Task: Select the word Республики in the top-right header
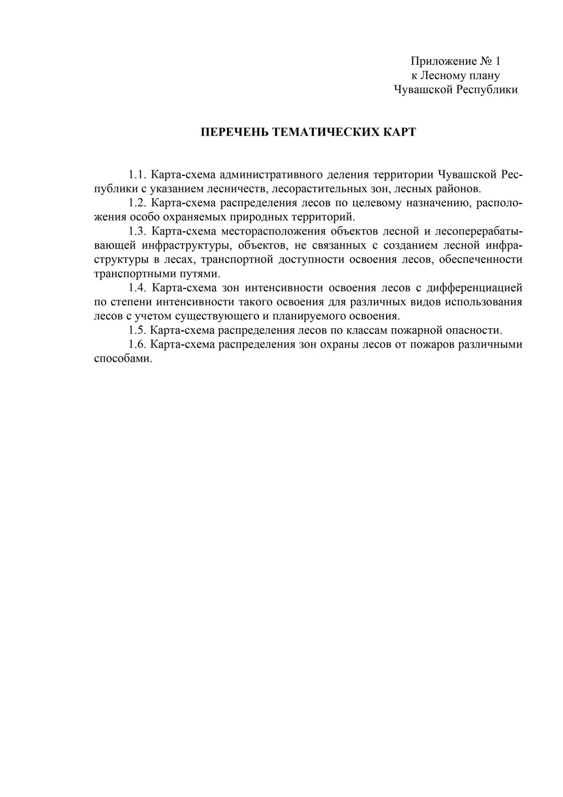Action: click(487, 90)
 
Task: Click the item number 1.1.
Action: click(138, 175)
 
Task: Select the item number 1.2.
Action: click(138, 203)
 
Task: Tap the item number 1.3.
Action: click(138, 232)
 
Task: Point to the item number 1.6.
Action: click(138, 345)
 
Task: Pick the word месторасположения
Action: click(274, 232)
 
